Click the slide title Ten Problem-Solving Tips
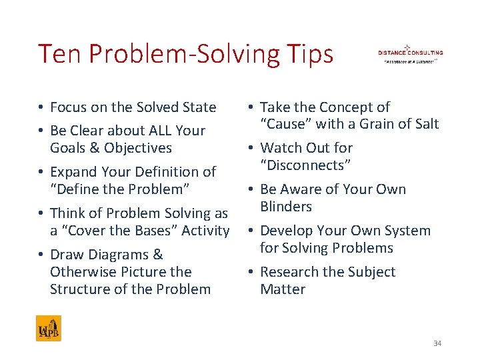[185, 54]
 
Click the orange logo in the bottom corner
[48, 328]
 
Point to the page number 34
[437, 343]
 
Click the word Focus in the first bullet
[67, 107]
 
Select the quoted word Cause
[286, 124]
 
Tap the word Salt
[425, 124]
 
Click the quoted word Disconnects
[305, 165]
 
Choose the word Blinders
[286, 207]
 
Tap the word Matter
[283, 289]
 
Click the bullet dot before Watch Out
[251, 148]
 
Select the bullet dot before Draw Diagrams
[41, 255]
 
